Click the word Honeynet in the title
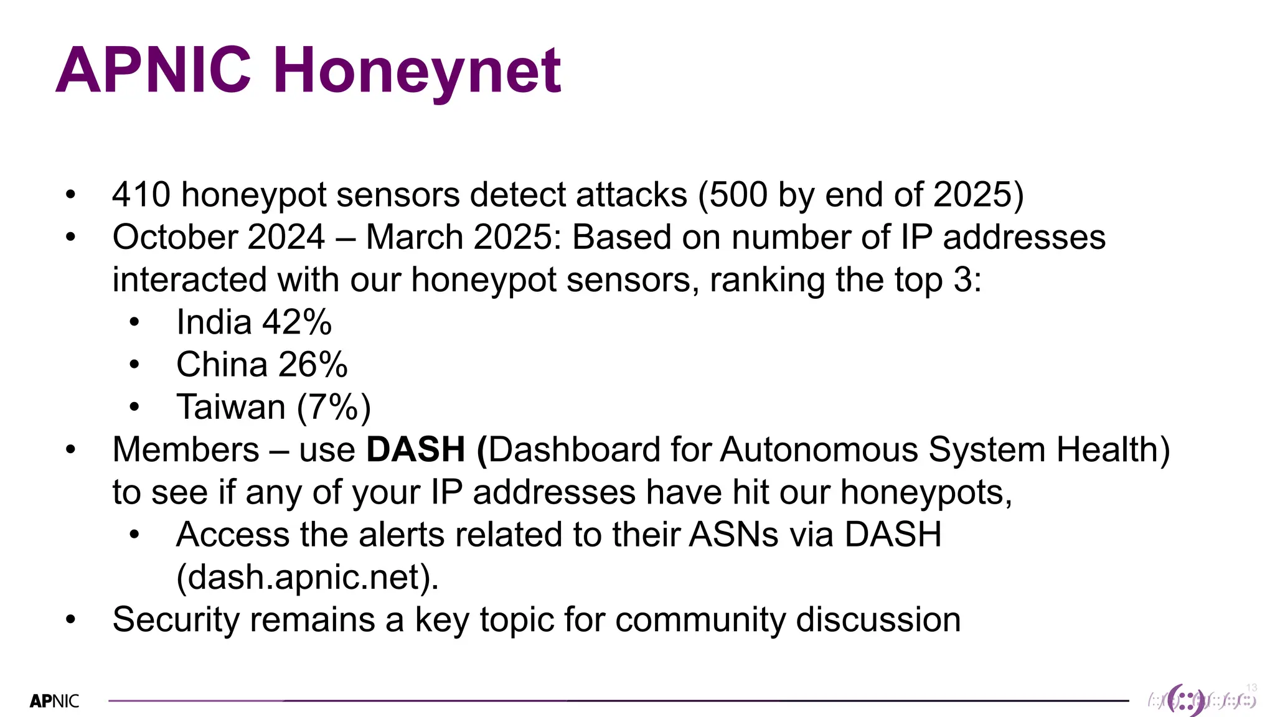pos(417,72)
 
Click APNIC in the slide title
pos(153,70)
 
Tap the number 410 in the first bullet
pos(141,195)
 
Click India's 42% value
pos(296,322)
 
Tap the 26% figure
pos(313,365)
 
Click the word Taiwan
pos(230,407)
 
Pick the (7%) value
pos(334,408)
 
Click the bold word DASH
pos(415,449)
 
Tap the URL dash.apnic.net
pos(308,578)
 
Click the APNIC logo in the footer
pos(55,701)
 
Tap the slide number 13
pos(1251,688)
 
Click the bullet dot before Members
pos(70,449)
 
